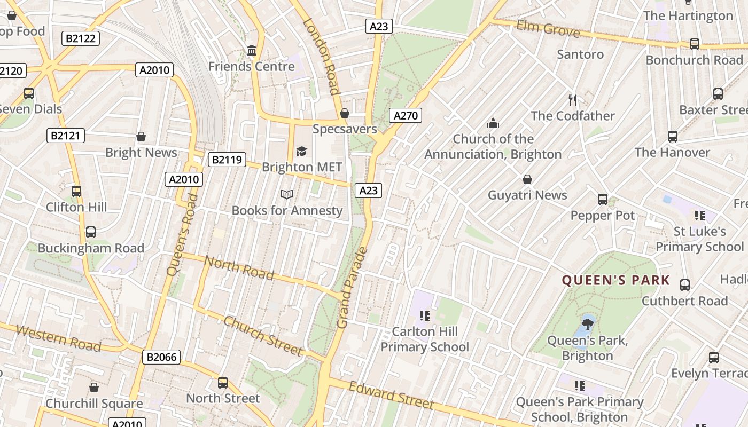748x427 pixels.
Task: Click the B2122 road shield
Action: [81, 38]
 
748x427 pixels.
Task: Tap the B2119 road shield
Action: [227, 159]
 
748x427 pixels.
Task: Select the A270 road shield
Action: [406, 115]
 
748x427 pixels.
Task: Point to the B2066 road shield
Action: [161, 357]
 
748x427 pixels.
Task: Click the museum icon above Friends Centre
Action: [252, 51]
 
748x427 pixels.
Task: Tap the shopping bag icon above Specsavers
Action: [345, 113]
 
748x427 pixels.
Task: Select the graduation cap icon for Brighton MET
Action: [301, 152]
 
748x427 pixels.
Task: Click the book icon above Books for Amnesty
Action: [287, 195]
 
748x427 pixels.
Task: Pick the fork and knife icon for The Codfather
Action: [573, 100]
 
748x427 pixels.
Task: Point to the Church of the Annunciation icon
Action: [493, 123]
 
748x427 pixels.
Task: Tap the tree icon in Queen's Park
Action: [588, 324]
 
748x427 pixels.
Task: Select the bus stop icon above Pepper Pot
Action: [603, 200]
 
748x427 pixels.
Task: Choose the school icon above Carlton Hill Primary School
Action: [425, 316]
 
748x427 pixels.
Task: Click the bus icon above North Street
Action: [223, 383]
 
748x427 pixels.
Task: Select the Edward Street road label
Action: [391, 396]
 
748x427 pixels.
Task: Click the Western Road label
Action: [58, 338]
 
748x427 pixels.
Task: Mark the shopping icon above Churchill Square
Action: [94, 388]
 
